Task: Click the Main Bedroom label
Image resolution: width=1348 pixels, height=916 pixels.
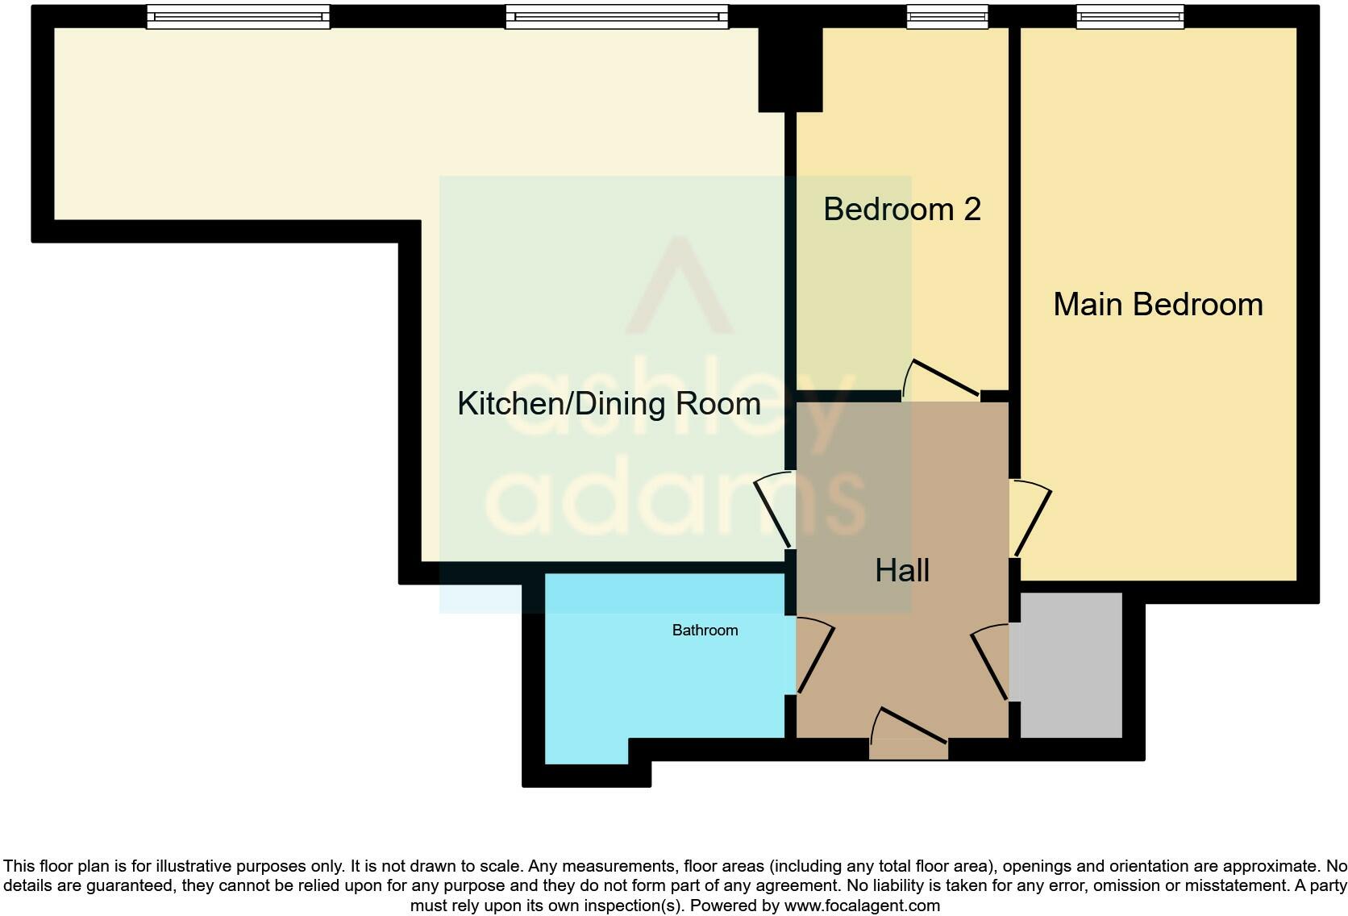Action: tap(1157, 305)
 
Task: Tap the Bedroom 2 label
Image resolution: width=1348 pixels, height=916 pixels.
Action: tap(901, 210)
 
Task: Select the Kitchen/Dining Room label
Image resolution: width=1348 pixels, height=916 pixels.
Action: tap(609, 403)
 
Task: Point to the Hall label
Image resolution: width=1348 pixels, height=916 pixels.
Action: tap(902, 571)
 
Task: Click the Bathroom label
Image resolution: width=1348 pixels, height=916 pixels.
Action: tap(705, 631)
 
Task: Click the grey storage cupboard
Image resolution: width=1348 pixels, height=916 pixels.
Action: tap(1071, 665)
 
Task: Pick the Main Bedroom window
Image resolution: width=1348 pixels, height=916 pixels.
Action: tap(1130, 16)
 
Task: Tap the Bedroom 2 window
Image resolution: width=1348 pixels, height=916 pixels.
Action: tap(947, 16)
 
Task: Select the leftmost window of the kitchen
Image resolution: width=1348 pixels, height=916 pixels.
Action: tap(238, 16)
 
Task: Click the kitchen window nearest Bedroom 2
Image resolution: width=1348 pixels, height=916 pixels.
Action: tap(616, 16)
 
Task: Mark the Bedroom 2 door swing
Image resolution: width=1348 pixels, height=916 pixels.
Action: tap(939, 379)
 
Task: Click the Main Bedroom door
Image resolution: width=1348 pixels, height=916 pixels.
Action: tap(1032, 520)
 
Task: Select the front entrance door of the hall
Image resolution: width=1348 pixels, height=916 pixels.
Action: tap(909, 734)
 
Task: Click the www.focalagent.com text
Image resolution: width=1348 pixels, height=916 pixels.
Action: tap(861, 906)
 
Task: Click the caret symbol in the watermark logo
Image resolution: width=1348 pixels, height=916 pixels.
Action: tap(680, 286)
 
